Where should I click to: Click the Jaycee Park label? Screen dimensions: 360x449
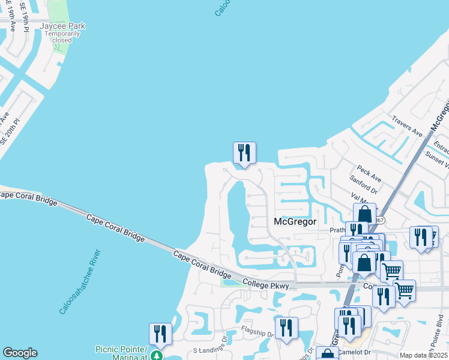[62, 26]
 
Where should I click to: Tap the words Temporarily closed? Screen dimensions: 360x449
[62, 37]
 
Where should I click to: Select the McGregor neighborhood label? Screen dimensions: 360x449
[295, 221]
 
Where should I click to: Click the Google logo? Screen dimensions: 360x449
[20, 353]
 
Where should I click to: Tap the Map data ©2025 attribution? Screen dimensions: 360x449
[423, 355]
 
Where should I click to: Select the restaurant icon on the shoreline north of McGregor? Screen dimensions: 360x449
[244, 153]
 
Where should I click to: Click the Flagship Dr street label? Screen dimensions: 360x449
[258, 331]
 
